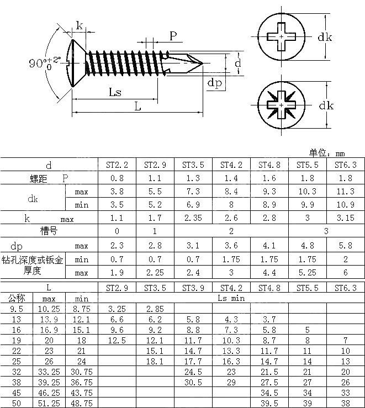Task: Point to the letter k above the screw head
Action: [x=79, y=25]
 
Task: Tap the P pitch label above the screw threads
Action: [x=173, y=36]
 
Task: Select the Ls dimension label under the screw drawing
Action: [x=115, y=92]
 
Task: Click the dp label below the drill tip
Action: [x=215, y=83]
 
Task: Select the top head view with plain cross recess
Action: [x=282, y=37]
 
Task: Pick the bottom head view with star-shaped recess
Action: [x=282, y=104]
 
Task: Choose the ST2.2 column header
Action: [x=117, y=165]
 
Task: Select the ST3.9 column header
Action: [x=193, y=288]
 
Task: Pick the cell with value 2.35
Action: [x=193, y=218]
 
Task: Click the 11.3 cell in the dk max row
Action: [x=346, y=191]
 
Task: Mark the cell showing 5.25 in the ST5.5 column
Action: [x=308, y=272]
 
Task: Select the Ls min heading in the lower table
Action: [x=231, y=298]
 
